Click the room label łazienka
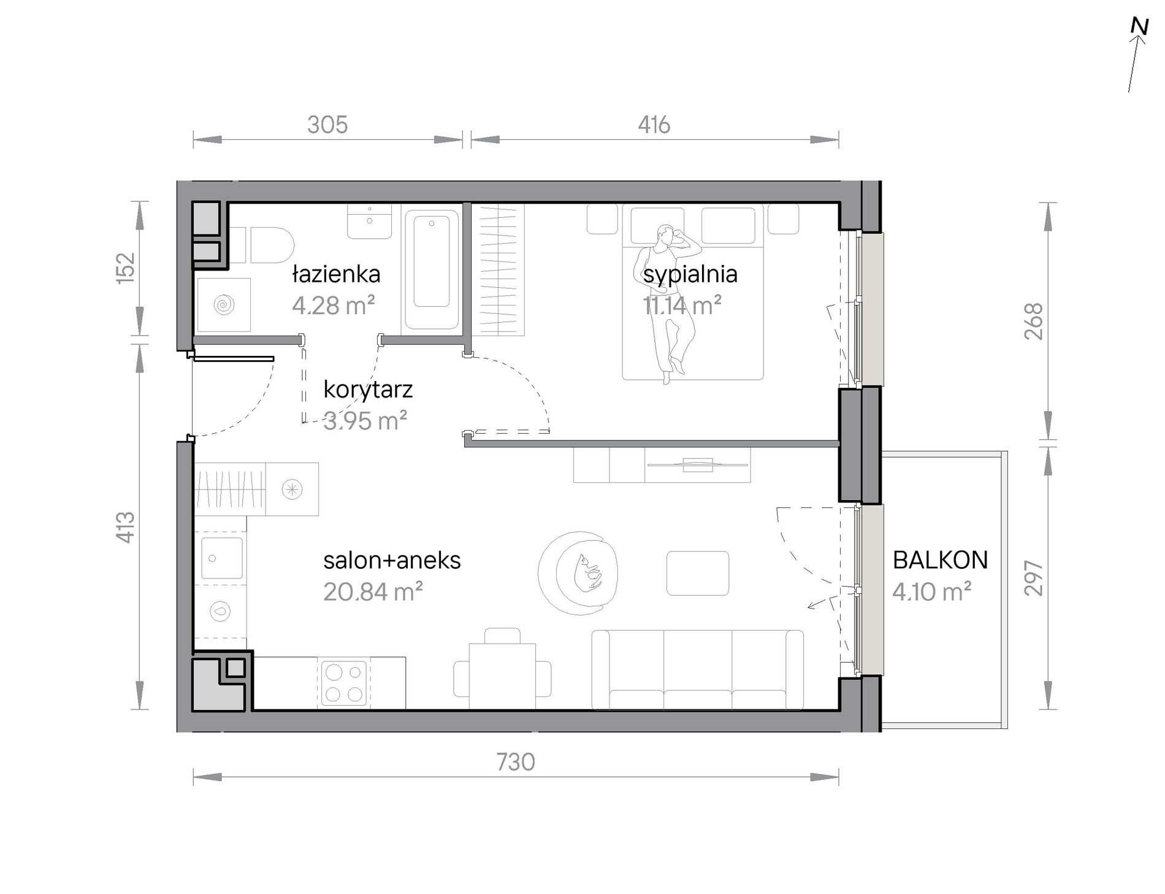coord(336,274)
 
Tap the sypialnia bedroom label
coord(690,274)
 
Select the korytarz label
coord(368,390)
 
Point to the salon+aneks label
coord(392,560)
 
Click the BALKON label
coord(940,560)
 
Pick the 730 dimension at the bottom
coord(516,762)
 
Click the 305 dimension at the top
coord(327,125)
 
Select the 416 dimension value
coord(654,125)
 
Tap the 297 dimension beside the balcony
coord(1034,577)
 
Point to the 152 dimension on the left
coord(125,268)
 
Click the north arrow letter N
coord(1139,26)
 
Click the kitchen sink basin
coord(221,558)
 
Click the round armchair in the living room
coord(578,572)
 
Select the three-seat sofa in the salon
coord(697,669)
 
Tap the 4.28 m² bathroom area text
coord(333,305)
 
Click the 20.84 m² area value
coord(373,592)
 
